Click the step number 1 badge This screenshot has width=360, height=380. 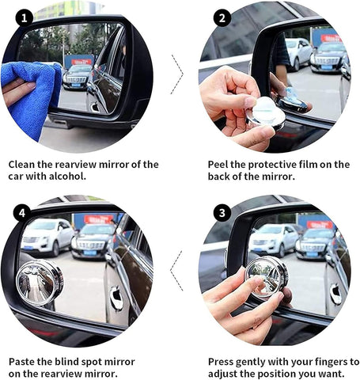click(25, 17)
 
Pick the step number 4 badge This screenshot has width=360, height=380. click(24, 213)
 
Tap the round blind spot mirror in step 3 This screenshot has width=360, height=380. click(266, 277)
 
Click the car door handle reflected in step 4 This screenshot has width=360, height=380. click(117, 298)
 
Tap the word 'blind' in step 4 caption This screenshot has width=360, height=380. click(85, 361)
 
